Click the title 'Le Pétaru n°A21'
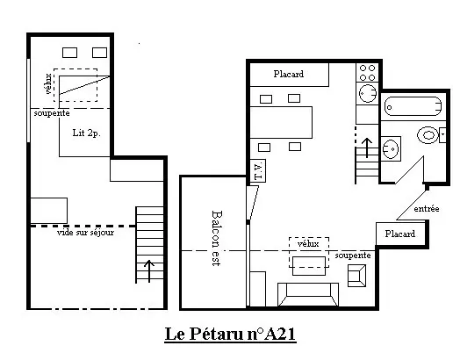click(230, 334)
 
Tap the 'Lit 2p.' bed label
click(86, 133)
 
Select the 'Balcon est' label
click(216, 238)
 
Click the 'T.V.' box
click(258, 171)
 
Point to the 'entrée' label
click(427, 209)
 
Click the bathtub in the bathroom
click(413, 106)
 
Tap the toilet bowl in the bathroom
click(428, 135)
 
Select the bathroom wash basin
click(391, 148)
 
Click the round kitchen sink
click(368, 93)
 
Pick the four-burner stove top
click(367, 73)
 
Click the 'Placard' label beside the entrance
click(400, 234)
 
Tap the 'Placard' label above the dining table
click(289, 74)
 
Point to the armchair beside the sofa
click(356, 276)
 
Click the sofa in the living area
click(308, 294)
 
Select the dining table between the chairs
click(281, 122)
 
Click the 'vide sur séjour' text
click(85, 233)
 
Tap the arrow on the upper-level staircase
click(149, 271)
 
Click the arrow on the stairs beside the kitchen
click(367, 148)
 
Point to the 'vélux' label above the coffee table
click(308, 243)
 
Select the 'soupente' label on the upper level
click(52, 113)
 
